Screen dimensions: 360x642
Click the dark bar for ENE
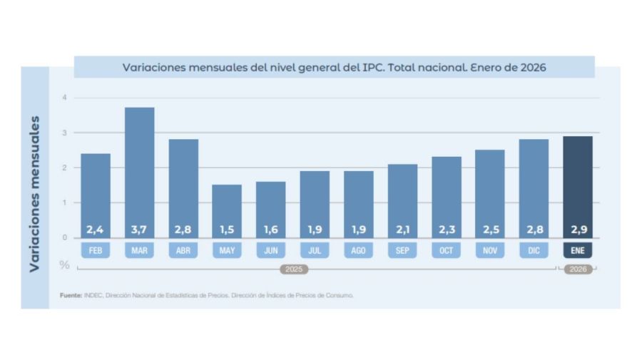coord(577,185)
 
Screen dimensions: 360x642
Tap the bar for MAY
coord(227,210)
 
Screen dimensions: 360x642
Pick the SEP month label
coord(402,251)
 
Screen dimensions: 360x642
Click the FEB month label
coord(95,251)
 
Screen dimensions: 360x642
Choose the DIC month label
coord(534,251)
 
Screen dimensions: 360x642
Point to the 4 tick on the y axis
coord(64,98)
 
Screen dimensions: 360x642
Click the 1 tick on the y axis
coord(64,202)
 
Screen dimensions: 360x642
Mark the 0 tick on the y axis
coord(64,237)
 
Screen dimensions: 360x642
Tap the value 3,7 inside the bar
coord(139,230)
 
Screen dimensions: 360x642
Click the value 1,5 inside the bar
coord(227,230)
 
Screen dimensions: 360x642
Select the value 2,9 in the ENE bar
coord(577,230)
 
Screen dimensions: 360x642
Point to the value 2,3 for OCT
coord(446,230)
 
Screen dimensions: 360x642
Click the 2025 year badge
coord(293,269)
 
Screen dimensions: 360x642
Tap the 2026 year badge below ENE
coord(577,269)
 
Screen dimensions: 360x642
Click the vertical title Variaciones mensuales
coord(34,192)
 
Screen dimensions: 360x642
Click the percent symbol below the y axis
coord(64,265)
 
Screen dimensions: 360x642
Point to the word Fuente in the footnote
coord(70,294)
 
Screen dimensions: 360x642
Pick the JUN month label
coord(270,251)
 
